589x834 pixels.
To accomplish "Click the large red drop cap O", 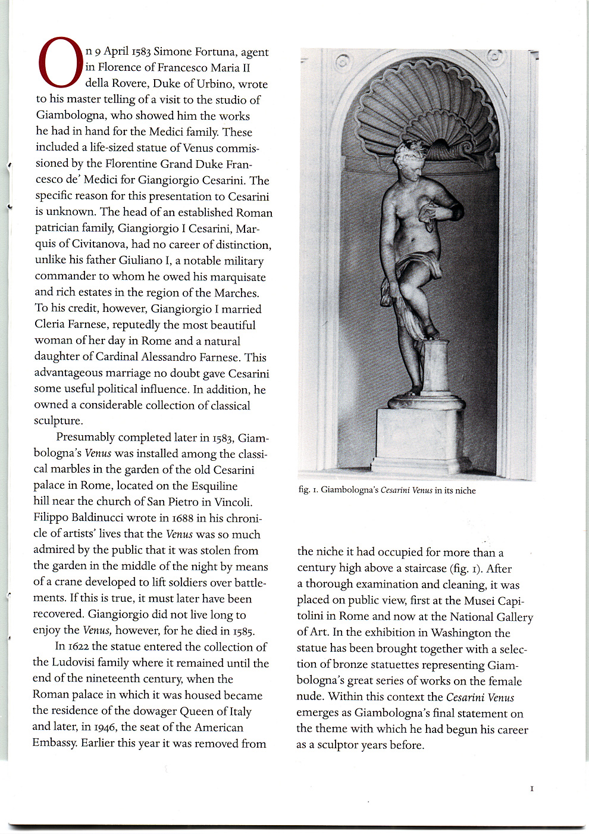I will pyautogui.click(x=60, y=61).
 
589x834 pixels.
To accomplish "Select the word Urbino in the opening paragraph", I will pyautogui.click(x=215, y=84).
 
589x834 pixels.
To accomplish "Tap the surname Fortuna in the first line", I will pyautogui.click(x=215, y=52).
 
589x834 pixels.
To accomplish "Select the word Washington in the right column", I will pyautogui.click(x=462, y=633).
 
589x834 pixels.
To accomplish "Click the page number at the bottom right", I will pyautogui.click(x=532, y=789).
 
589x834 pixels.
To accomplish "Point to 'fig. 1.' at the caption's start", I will pyautogui.click(x=308, y=491).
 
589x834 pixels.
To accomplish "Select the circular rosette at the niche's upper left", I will pyautogui.click(x=342, y=61).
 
